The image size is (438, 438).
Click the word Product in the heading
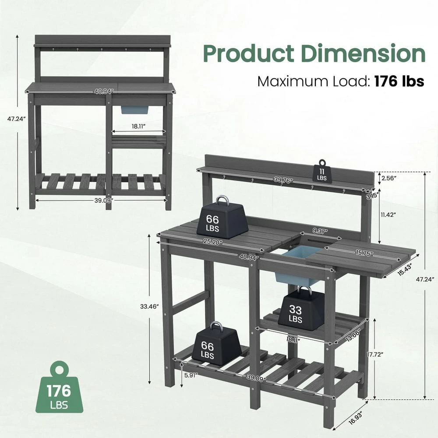point(248,54)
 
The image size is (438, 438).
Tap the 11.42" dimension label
point(389,215)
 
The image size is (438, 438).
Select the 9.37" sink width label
point(320,231)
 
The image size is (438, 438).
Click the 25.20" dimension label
point(213,241)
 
